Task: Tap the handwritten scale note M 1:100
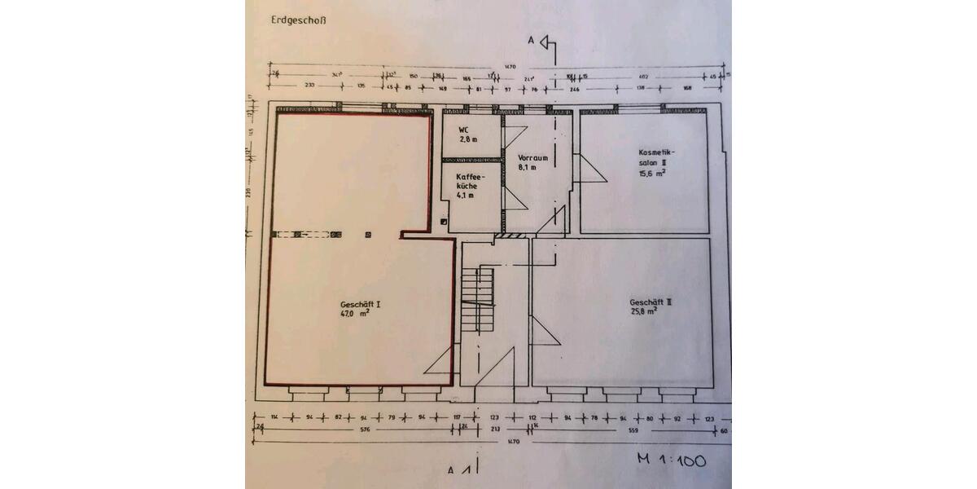(x=673, y=460)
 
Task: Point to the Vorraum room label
(x=532, y=158)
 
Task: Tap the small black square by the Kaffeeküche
(x=443, y=221)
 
